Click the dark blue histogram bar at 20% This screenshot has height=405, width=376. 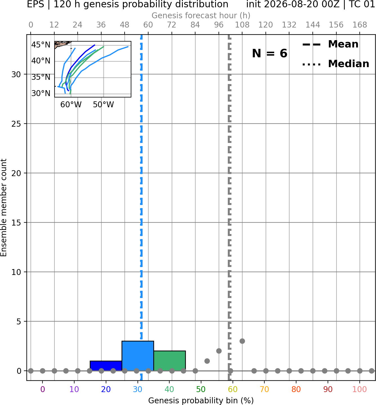[106, 366]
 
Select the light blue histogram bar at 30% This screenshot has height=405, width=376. [138, 356]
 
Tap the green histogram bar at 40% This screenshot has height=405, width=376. [170, 361]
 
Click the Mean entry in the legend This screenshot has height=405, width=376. [330, 44]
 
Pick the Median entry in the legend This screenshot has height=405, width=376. [336, 64]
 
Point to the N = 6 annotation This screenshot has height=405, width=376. [270, 53]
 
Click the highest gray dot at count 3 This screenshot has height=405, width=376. [242, 341]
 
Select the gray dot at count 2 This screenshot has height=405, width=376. [219, 351]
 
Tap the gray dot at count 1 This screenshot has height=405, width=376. [207, 361]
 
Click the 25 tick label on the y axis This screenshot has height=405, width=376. [16, 124]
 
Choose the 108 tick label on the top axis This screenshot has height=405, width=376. [242, 25]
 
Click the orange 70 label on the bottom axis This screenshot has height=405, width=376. [264, 389]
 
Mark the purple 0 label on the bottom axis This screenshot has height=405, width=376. [42, 389]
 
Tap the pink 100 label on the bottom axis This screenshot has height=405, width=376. [360, 389]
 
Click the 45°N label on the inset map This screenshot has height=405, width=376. [41, 45]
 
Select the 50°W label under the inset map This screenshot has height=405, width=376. [103, 104]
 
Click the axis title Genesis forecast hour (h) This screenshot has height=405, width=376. [201, 15]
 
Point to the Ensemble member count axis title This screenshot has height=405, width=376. [4, 208]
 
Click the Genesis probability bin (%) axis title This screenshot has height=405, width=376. [201, 401]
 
